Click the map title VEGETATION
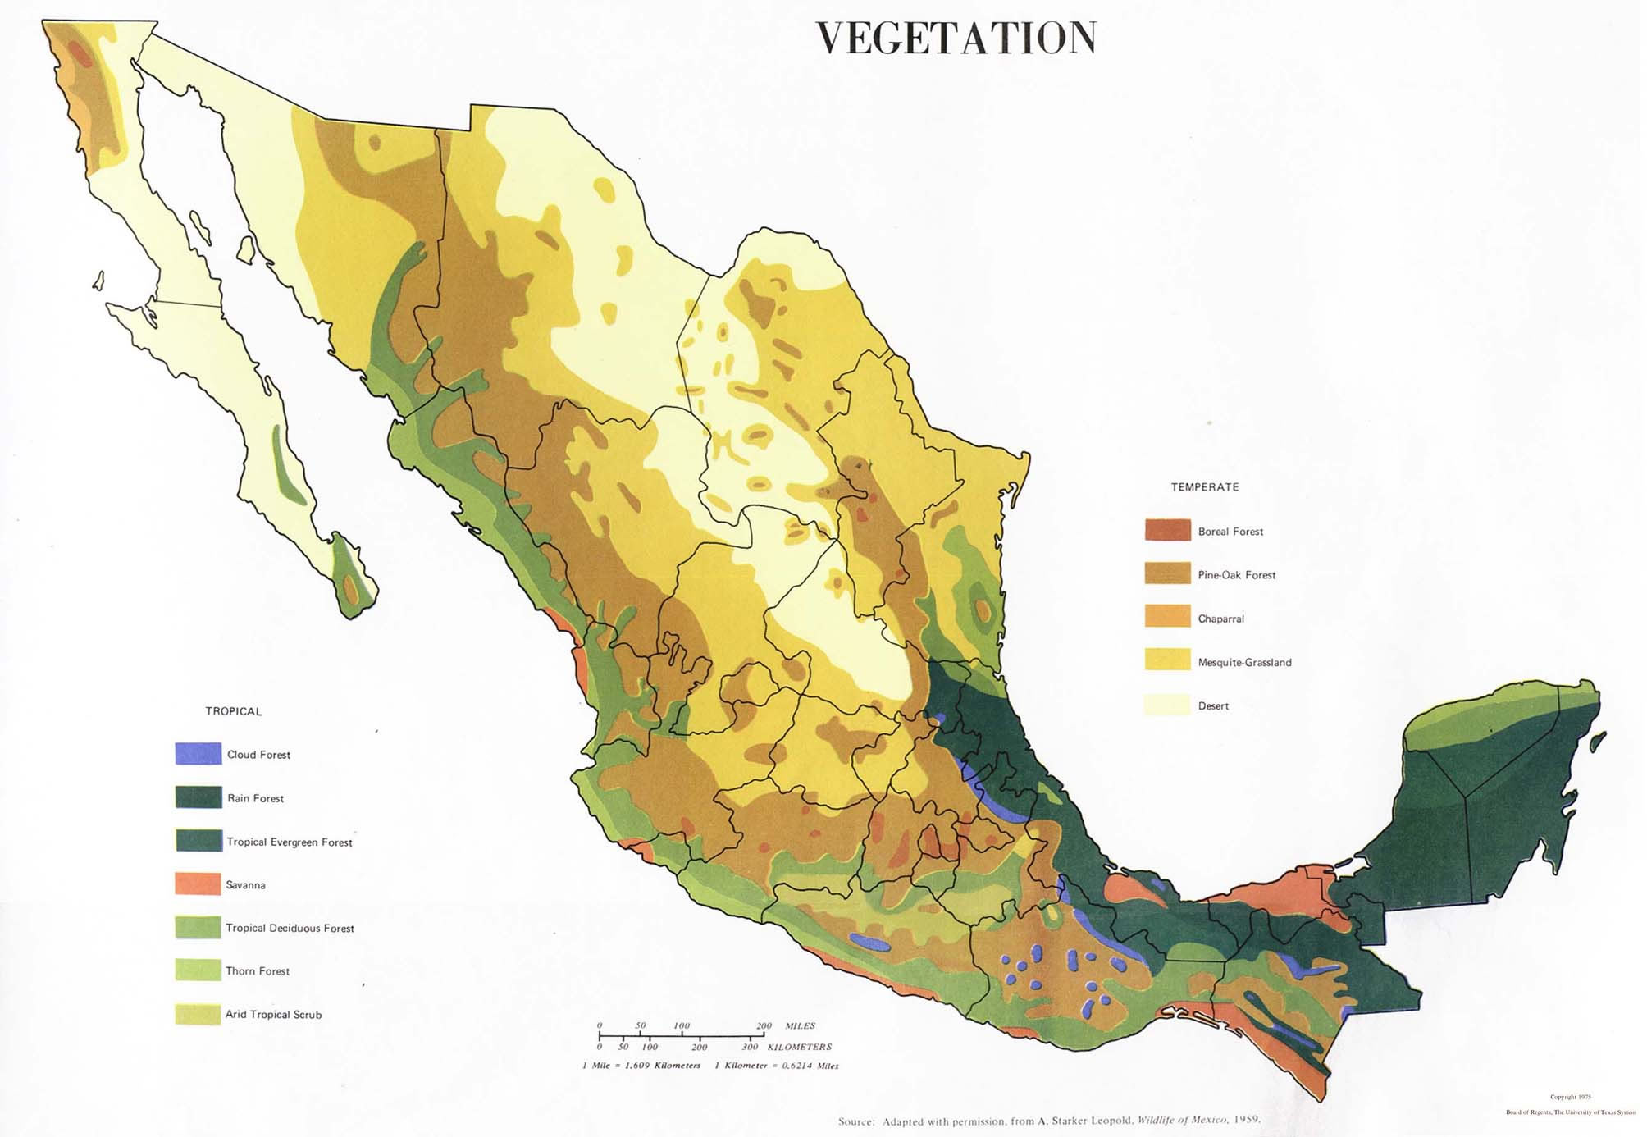point(956,39)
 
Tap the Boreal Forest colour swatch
point(1166,530)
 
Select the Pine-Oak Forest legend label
point(1236,575)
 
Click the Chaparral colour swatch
point(1166,617)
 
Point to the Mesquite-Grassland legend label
point(1243,662)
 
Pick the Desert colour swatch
point(1166,705)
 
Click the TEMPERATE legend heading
point(1204,487)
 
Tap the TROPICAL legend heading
point(234,711)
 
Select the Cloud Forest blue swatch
point(198,753)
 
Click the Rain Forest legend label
point(255,798)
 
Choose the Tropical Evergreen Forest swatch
point(198,840)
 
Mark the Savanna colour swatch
point(198,884)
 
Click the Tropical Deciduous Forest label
point(290,928)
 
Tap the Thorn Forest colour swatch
point(198,970)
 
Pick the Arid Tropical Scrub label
point(273,1015)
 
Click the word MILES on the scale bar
point(800,1025)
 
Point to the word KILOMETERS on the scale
point(799,1047)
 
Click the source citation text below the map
point(1048,1121)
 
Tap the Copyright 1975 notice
point(1569,1097)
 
